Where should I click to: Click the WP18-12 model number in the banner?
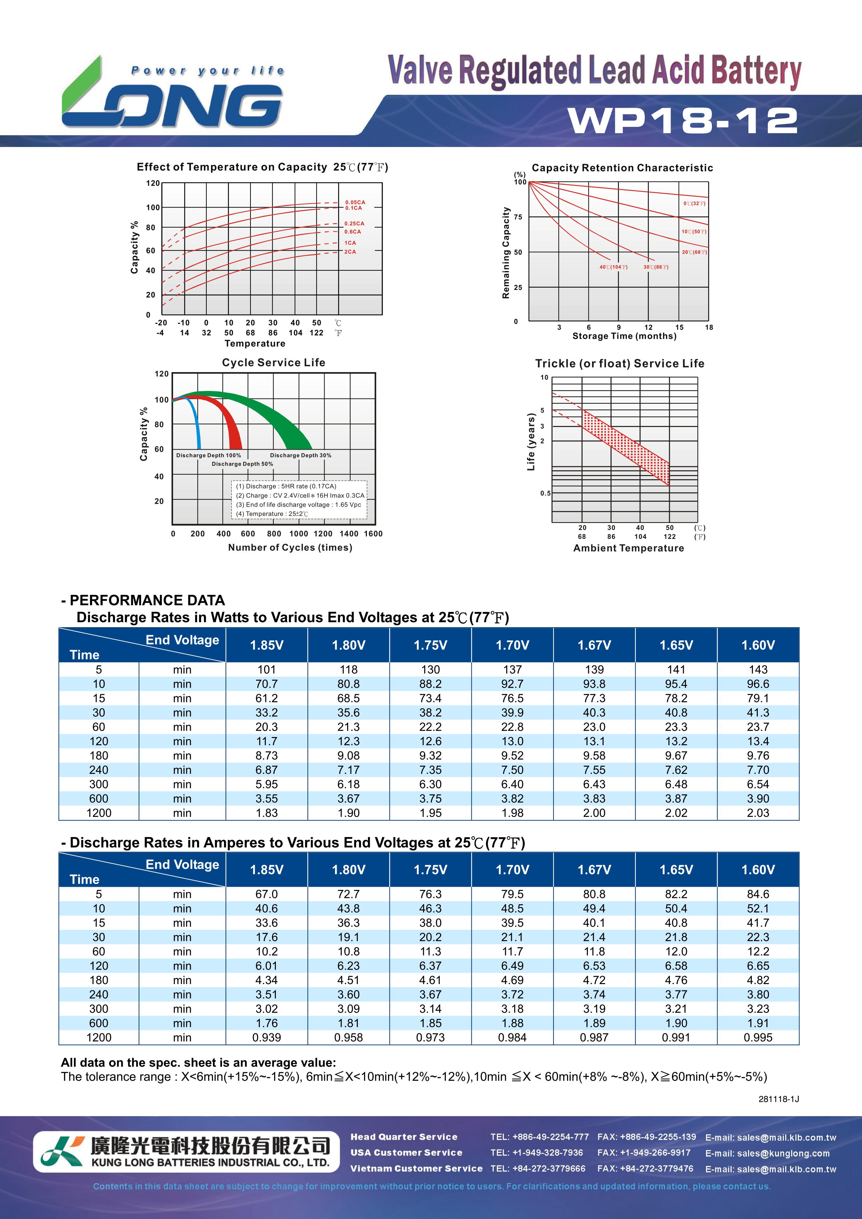pyautogui.click(x=683, y=121)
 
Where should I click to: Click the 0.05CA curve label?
pyautogui.click(x=355, y=202)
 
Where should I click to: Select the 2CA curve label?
pyautogui.click(x=350, y=252)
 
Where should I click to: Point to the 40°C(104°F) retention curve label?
pyautogui.click(x=614, y=267)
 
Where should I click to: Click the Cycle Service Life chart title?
pyautogui.click(x=273, y=363)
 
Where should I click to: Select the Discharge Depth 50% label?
pyautogui.click(x=243, y=464)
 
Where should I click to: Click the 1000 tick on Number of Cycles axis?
pyautogui.click(x=298, y=534)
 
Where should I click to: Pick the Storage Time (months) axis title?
pyautogui.click(x=624, y=336)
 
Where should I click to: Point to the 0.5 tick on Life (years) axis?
pyautogui.click(x=545, y=493)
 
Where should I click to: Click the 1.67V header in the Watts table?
pyautogui.click(x=594, y=645)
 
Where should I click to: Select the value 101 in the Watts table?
pyautogui.click(x=267, y=670)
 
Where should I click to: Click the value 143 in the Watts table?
pyautogui.click(x=758, y=670)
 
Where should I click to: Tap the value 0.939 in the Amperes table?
pyautogui.click(x=267, y=1037)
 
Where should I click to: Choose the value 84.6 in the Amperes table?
pyautogui.click(x=758, y=894)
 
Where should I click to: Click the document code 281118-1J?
pyautogui.click(x=779, y=1099)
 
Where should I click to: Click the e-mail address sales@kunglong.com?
pyautogui.click(x=767, y=1153)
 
